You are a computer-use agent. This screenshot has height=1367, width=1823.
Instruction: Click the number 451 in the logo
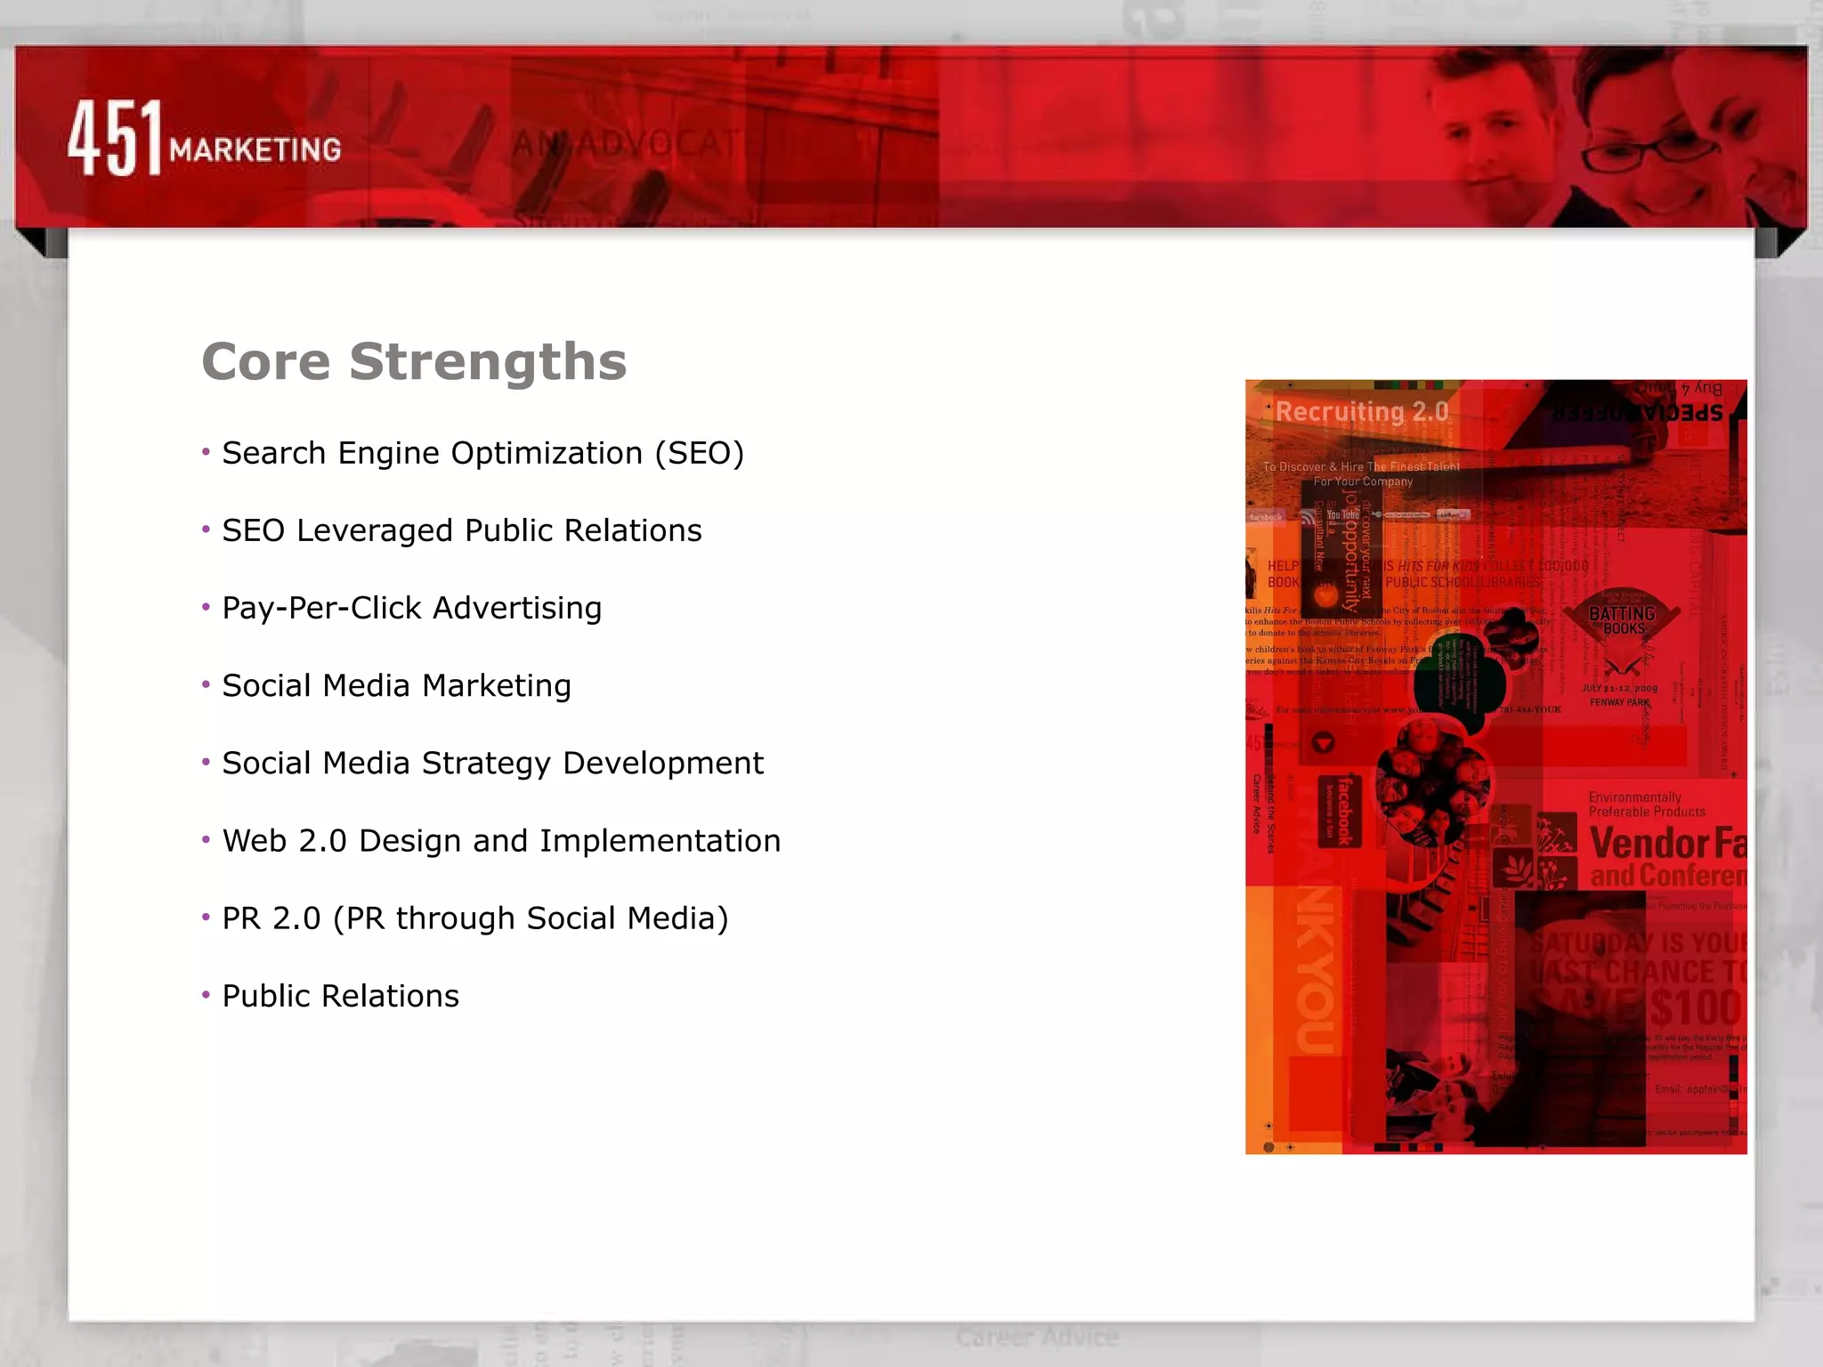(116, 138)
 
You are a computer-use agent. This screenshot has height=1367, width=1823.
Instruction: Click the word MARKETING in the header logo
(255, 150)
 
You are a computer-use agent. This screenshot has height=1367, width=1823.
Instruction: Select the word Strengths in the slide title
(488, 361)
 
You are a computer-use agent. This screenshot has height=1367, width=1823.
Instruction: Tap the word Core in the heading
(266, 361)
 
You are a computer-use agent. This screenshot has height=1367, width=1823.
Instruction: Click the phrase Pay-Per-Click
(321, 608)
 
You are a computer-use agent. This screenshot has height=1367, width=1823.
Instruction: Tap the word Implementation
(660, 840)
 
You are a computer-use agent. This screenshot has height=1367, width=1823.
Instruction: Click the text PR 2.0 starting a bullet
(271, 918)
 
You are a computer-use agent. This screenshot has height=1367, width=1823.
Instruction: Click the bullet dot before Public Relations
(206, 994)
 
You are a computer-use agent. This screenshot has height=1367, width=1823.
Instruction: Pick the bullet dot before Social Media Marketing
(206, 684)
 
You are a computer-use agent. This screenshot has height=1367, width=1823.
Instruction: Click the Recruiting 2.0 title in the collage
(1362, 411)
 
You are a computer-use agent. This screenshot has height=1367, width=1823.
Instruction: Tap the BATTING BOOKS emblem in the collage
(1622, 621)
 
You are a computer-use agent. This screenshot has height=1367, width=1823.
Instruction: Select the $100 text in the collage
(1694, 1008)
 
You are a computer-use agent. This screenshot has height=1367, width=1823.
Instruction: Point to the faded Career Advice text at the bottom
(1037, 1337)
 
